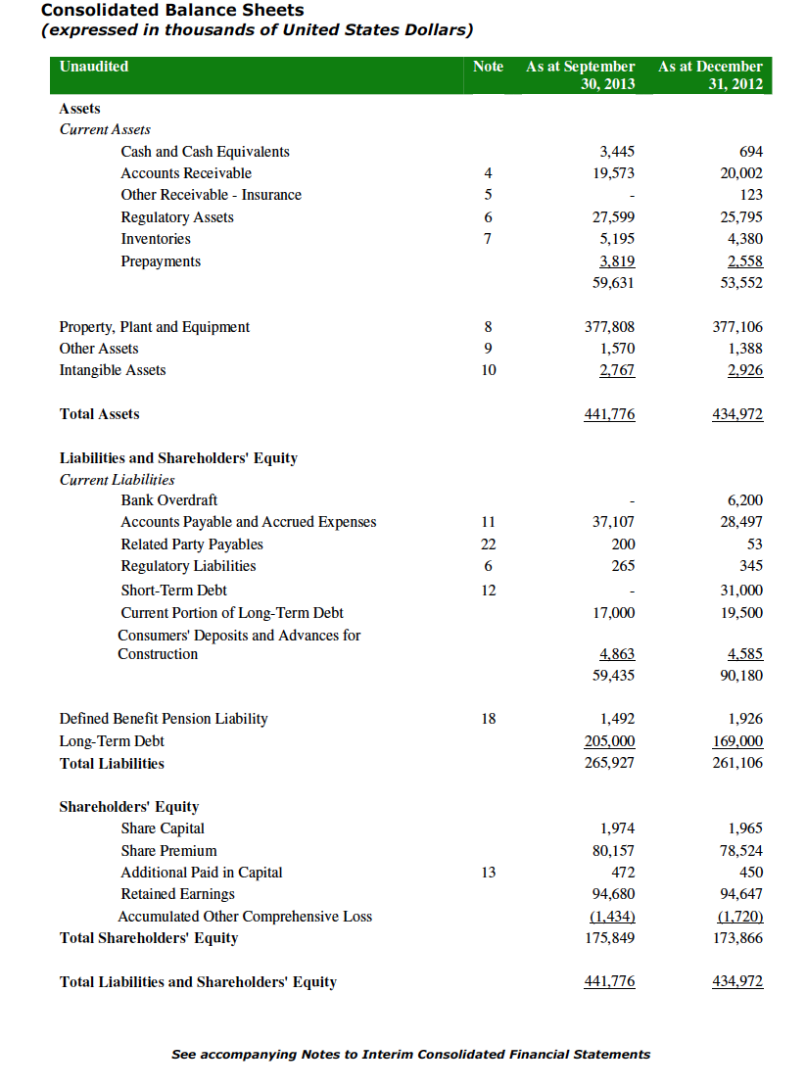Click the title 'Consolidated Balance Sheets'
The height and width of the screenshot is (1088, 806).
pyautogui.click(x=172, y=10)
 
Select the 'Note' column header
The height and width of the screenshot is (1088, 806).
pyautogui.click(x=488, y=67)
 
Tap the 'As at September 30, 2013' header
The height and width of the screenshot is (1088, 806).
pyautogui.click(x=580, y=75)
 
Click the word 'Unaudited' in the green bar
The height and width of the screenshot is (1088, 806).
pyautogui.click(x=94, y=67)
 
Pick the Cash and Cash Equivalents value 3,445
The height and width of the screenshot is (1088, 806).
pyautogui.click(x=616, y=152)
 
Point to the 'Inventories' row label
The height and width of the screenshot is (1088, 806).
pyautogui.click(x=156, y=239)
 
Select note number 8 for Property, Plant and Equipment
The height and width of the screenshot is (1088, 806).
pyautogui.click(x=488, y=327)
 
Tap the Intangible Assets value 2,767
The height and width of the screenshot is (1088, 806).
pyautogui.click(x=616, y=370)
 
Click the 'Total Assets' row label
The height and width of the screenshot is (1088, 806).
pyautogui.click(x=100, y=414)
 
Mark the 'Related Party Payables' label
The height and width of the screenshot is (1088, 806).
pyautogui.click(x=192, y=544)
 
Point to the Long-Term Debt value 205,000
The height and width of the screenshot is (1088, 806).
pyautogui.click(x=609, y=741)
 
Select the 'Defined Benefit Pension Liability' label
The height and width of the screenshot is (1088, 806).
pyautogui.click(x=164, y=719)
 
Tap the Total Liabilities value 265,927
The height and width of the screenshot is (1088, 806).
pyautogui.click(x=609, y=763)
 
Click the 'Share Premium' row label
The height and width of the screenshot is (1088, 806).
pyautogui.click(x=168, y=851)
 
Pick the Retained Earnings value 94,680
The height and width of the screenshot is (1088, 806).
pyautogui.click(x=613, y=894)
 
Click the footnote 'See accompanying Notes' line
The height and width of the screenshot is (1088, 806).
pyautogui.click(x=410, y=1055)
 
